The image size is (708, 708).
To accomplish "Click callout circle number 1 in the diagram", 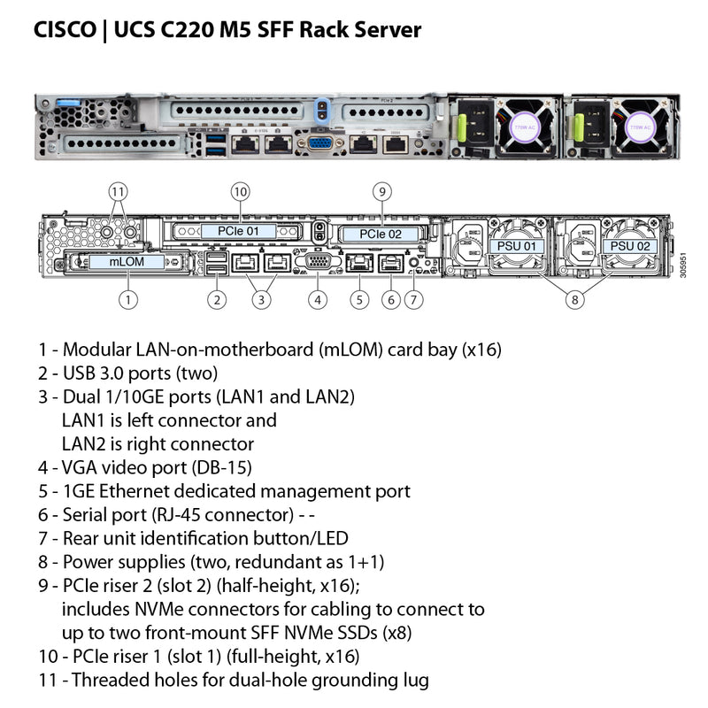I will [129, 299].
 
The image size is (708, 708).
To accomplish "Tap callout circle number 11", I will [119, 191].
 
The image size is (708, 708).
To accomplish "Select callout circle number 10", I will [239, 191].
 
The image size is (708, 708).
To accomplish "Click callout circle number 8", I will [575, 299].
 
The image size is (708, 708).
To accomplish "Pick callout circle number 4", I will [318, 299].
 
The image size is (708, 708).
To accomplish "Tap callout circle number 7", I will [414, 299].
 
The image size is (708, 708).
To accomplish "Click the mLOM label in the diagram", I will [129, 262].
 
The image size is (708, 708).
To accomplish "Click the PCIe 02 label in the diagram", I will [380, 235].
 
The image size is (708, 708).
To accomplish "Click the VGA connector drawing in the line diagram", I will [319, 261].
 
